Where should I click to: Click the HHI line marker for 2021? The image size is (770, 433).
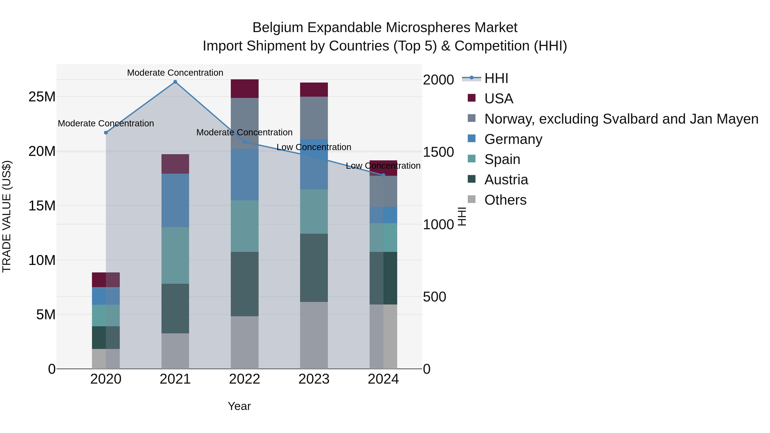point(175,82)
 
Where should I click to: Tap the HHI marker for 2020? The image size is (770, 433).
point(106,133)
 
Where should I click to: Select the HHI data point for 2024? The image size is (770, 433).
point(384,175)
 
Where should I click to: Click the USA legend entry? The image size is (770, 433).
point(499,99)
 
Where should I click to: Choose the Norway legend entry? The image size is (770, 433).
point(621,119)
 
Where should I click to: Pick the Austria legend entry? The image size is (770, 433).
point(506,180)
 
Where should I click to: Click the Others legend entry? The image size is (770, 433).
point(505,200)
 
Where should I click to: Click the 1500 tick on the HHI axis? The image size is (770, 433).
point(438,152)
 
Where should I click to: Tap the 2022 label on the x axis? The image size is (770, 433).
point(244,379)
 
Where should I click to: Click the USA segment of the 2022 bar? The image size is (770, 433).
point(244,89)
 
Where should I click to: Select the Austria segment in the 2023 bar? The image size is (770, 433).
point(314,268)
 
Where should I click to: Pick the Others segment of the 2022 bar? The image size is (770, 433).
point(244,343)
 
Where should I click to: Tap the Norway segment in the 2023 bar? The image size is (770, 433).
point(314,118)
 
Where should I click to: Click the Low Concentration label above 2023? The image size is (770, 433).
point(314,147)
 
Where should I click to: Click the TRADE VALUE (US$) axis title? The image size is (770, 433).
point(7,216)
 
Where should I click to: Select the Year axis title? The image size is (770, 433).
point(239,406)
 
